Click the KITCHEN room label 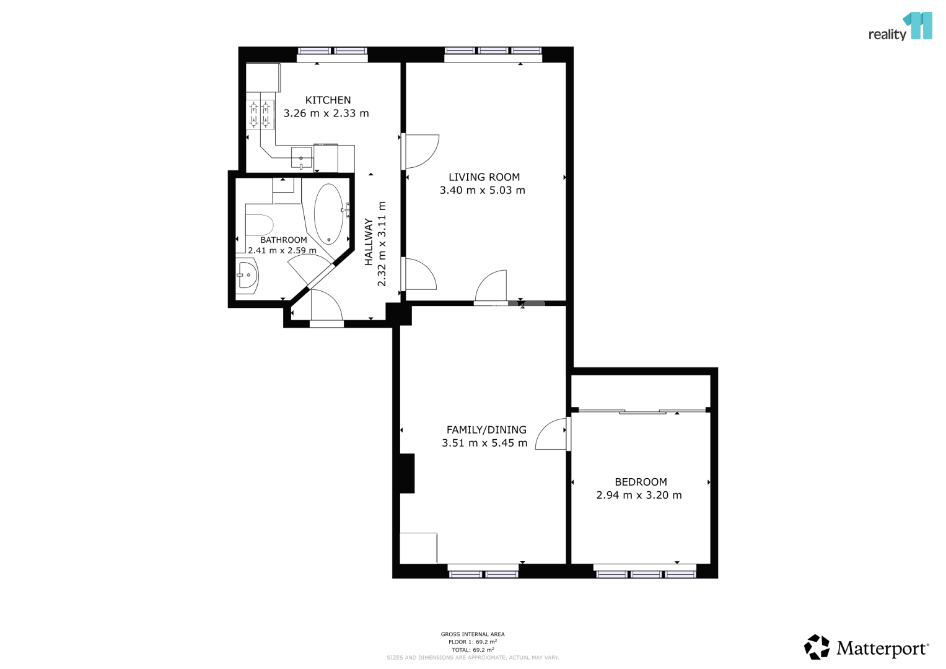[328, 100]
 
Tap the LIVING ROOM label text [484, 177]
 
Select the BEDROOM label [641, 482]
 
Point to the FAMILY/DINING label [486, 429]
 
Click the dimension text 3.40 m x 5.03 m [482, 191]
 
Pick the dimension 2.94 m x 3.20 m [639, 495]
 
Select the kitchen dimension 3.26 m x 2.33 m [326, 113]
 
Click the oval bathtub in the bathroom [328, 214]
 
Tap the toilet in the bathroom [259, 225]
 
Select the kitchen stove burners [260, 115]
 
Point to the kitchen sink [302, 158]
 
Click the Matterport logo [867, 647]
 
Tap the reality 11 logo [900, 27]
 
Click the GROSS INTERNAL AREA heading [473, 634]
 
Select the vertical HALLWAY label [369, 242]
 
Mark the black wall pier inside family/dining [407, 473]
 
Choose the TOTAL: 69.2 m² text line [473, 650]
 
